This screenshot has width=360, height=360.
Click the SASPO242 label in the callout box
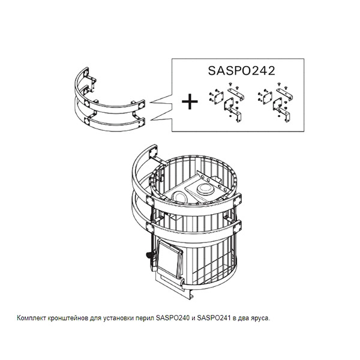coord(241,71)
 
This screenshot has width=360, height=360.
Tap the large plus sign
coord(190,101)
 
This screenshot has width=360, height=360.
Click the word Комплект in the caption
coord(31,319)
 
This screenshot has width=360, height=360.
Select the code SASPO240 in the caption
coord(173,318)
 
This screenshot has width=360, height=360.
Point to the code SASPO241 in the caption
coord(214,318)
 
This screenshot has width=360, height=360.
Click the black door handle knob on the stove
coord(149,255)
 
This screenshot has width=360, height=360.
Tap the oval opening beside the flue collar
coord(179,197)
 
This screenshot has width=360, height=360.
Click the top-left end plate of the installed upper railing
coord(153,152)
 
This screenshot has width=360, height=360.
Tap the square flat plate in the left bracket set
coord(218,97)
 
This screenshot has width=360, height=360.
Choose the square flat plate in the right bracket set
coord(267,97)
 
